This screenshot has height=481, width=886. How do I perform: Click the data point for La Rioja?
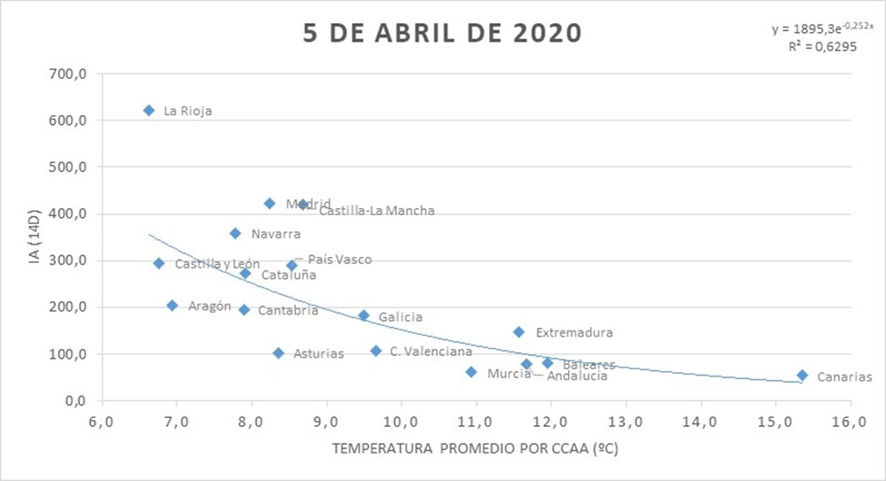click(149, 110)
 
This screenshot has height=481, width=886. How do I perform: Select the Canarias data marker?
click(802, 376)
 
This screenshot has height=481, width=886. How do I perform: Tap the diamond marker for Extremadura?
click(518, 332)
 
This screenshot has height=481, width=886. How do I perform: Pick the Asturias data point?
click(278, 353)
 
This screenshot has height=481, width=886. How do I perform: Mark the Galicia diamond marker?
click(363, 315)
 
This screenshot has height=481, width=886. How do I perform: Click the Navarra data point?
click(235, 234)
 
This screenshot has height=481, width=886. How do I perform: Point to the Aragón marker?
click(172, 306)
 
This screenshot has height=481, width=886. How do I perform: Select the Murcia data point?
click(471, 372)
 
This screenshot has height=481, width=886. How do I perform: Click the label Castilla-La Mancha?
click(377, 211)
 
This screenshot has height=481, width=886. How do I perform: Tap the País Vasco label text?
click(339, 260)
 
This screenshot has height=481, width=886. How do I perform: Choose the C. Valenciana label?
click(431, 352)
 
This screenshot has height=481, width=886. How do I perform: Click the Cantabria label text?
click(288, 311)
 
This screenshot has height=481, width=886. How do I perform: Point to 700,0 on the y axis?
click(67, 74)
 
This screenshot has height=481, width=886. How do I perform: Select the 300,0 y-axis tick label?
click(67, 260)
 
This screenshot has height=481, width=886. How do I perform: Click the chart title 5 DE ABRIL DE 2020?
click(442, 34)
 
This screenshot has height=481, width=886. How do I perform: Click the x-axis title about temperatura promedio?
click(475, 449)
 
